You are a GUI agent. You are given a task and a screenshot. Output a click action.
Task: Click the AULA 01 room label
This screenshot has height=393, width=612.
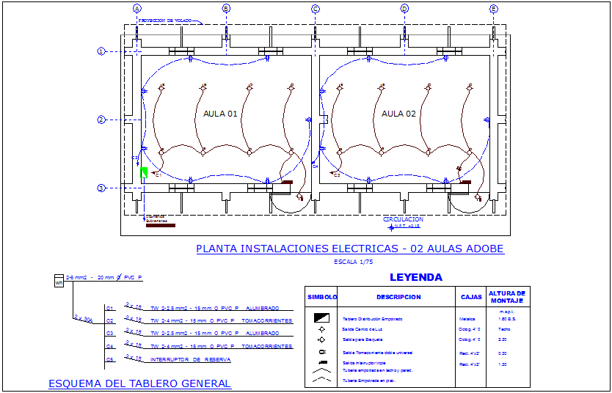[220, 114]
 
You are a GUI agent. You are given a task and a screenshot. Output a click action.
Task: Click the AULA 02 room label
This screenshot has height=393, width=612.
[398, 114]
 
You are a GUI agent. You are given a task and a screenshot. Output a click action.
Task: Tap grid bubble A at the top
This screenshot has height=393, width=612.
[136, 9]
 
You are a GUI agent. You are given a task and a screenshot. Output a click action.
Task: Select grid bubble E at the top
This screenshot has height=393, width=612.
[494, 9]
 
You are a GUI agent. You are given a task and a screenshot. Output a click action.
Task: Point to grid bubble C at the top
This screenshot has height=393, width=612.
[316, 9]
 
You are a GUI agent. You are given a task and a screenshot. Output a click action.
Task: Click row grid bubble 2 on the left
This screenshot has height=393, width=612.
[102, 120]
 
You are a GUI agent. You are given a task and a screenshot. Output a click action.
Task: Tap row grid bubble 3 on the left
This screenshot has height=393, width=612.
[102, 188]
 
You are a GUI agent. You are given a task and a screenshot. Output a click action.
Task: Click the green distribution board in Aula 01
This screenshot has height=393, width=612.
[145, 172]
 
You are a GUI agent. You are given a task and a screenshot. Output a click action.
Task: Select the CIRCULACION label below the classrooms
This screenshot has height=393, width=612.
[403, 219]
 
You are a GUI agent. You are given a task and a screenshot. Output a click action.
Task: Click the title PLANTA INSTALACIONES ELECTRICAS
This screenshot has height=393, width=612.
[349, 249]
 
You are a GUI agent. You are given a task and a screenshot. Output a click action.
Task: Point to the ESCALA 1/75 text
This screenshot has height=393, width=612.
[353, 262]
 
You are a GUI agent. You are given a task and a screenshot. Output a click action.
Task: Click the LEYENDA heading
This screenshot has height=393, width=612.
[415, 278]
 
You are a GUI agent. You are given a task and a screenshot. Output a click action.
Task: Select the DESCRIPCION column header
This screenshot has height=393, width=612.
[398, 297]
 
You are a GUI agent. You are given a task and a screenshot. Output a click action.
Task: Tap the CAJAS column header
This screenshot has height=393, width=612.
[471, 297]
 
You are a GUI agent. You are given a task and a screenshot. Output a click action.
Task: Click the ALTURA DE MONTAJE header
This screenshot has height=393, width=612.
[510, 297]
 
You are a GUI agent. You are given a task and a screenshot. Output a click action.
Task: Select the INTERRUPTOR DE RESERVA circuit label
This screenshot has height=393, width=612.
[190, 360]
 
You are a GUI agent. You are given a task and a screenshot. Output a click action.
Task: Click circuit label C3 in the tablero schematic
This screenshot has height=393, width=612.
[110, 334]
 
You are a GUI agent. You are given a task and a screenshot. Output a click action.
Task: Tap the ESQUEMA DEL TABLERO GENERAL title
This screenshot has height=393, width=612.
[139, 383]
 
